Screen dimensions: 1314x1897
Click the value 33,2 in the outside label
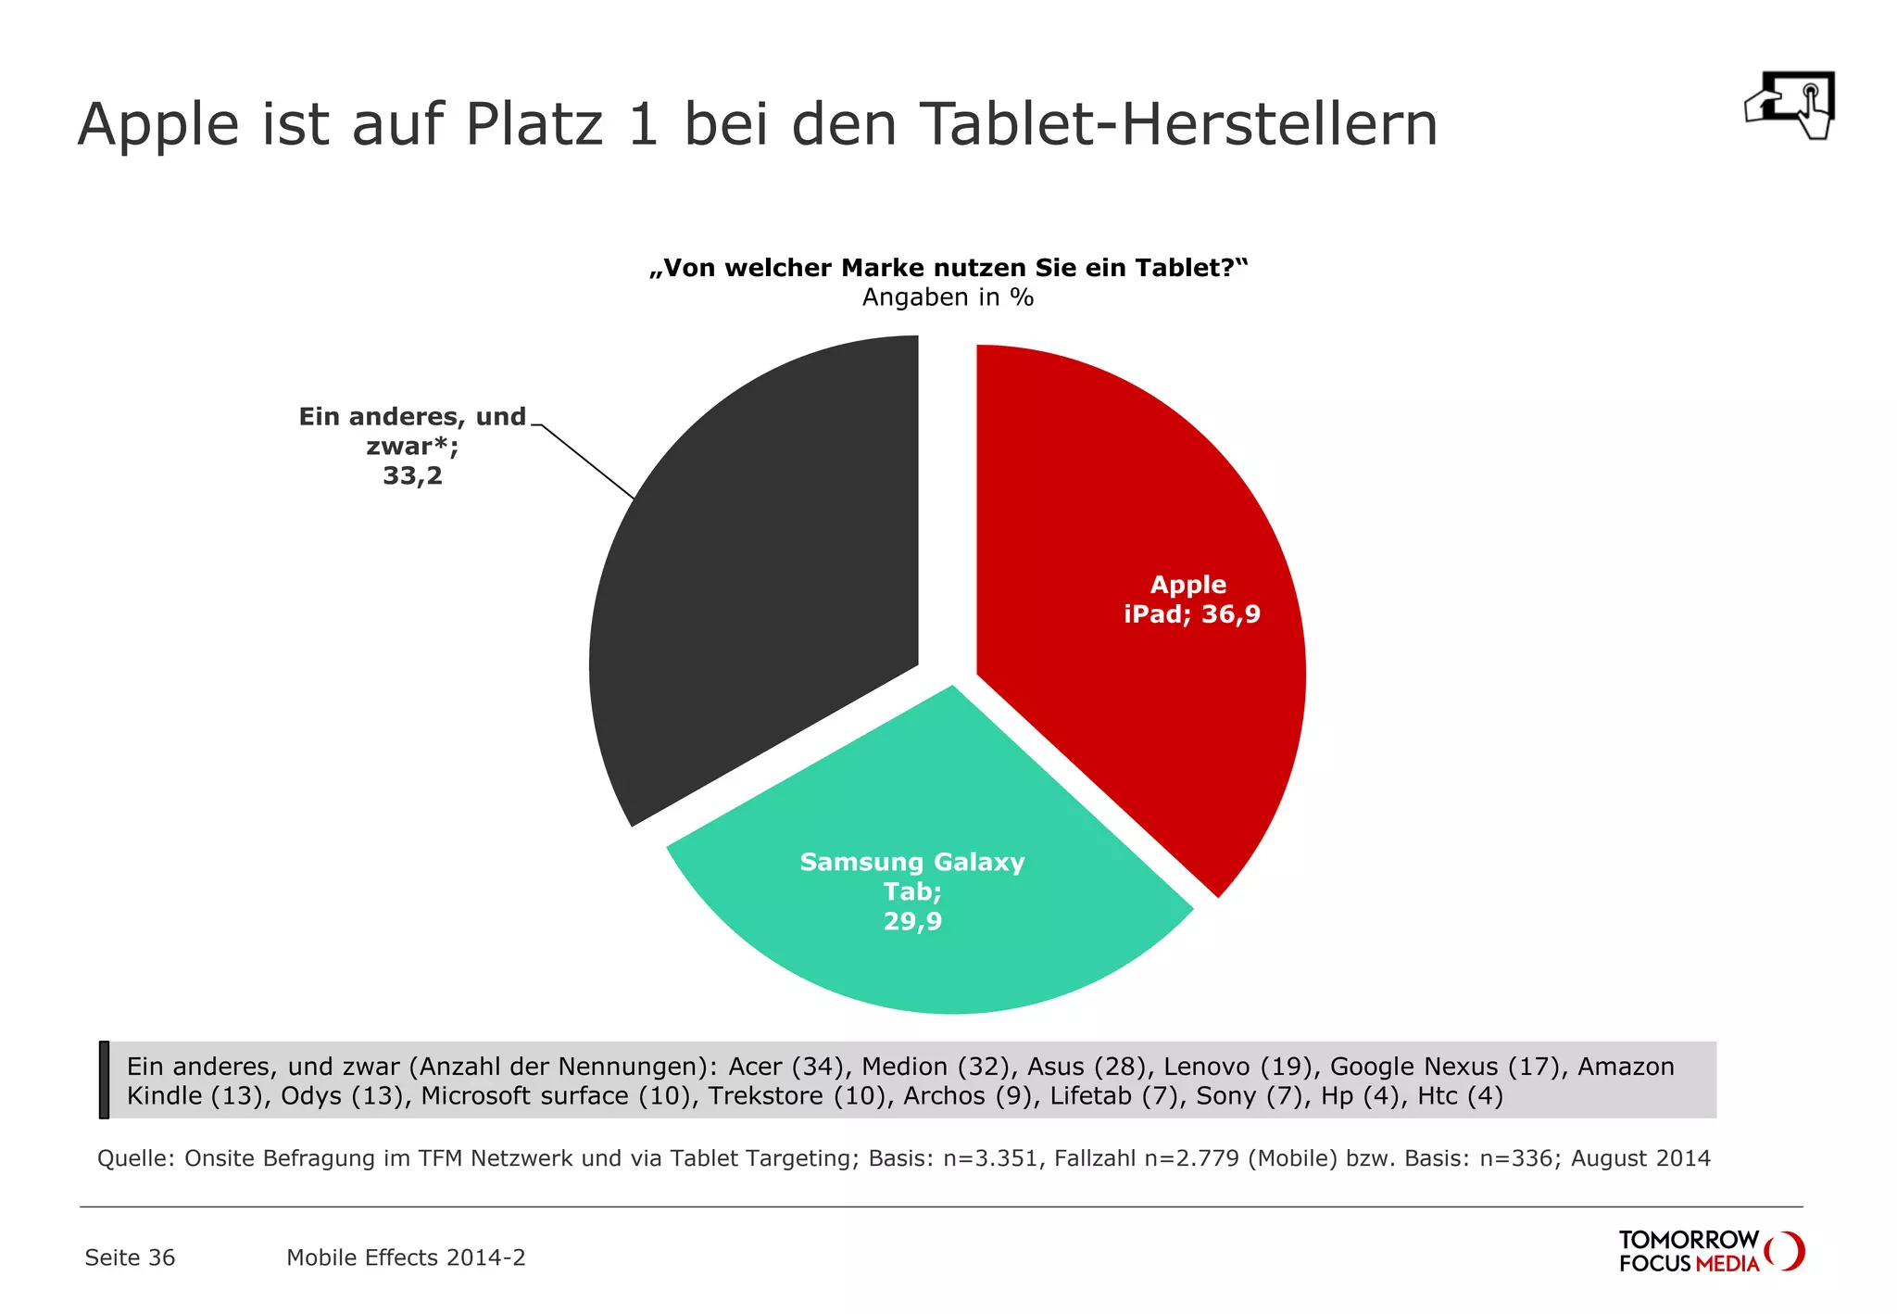412,476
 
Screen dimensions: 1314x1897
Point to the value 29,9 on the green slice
912,921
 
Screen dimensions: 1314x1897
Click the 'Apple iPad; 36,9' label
1191,600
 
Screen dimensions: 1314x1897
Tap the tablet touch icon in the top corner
1790,106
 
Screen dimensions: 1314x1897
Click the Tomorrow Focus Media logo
1710,1251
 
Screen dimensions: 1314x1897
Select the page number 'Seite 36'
130,1257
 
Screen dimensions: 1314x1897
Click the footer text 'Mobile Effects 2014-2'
406,1257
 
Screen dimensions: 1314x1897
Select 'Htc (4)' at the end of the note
1460,1096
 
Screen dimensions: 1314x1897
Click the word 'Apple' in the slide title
158,124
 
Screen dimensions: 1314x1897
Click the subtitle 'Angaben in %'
948,297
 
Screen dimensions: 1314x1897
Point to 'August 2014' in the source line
1640,1158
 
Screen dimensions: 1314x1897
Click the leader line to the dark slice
587,461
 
